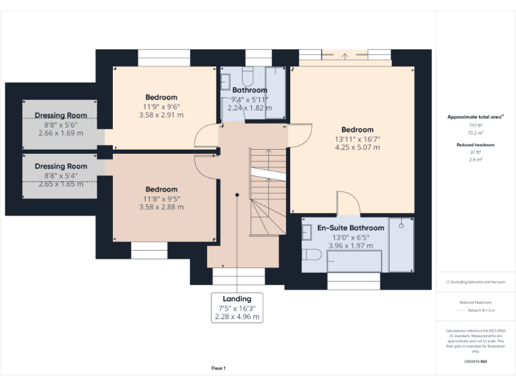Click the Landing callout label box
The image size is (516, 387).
point(236,308)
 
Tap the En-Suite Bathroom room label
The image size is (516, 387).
point(351,228)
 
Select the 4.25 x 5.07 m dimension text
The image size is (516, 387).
point(357,148)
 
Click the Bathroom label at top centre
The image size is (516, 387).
point(249,90)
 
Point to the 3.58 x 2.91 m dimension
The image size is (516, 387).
point(161,116)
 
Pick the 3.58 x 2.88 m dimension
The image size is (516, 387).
point(161,207)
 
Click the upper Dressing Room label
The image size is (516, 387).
point(61,116)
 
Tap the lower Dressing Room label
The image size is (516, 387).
point(61,166)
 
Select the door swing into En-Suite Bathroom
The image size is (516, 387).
point(347,203)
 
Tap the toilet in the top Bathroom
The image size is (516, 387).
point(246,74)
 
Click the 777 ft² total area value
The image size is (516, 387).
point(475,126)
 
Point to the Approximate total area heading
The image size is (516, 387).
point(475,117)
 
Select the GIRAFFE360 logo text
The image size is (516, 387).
point(475,362)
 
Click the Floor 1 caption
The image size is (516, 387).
point(218,368)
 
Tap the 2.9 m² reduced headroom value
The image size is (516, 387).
point(475,160)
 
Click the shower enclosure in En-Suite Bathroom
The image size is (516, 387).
point(402,245)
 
